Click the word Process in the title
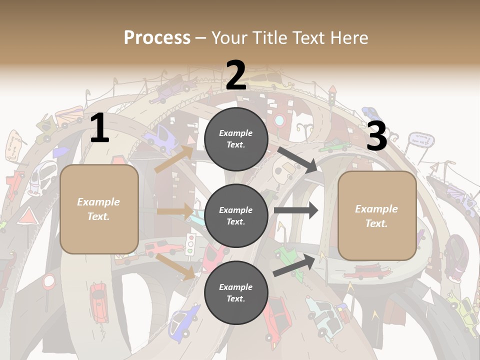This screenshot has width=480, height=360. click(x=157, y=37)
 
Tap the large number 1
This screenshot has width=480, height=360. click(x=99, y=128)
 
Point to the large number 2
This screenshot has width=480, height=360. click(x=236, y=75)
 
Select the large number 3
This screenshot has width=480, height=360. click(x=376, y=136)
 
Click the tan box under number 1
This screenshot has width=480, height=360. click(x=99, y=209)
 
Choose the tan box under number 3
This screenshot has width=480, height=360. click(x=377, y=215)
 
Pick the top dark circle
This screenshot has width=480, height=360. click(x=236, y=139)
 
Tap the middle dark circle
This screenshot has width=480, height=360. click(x=236, y=215)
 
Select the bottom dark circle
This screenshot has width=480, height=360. click(x=236, y=292)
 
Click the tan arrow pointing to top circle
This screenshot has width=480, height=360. click(x=174, y=159)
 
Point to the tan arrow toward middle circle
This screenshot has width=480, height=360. click(x=175, y=211)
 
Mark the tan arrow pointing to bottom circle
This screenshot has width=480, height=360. click(x=175, y=266)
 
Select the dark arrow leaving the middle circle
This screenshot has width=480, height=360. click(x=296, y=210)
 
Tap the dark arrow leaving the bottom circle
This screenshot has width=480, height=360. click(x=295, y=265)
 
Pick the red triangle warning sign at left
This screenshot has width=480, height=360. click(x=28, y=217)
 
